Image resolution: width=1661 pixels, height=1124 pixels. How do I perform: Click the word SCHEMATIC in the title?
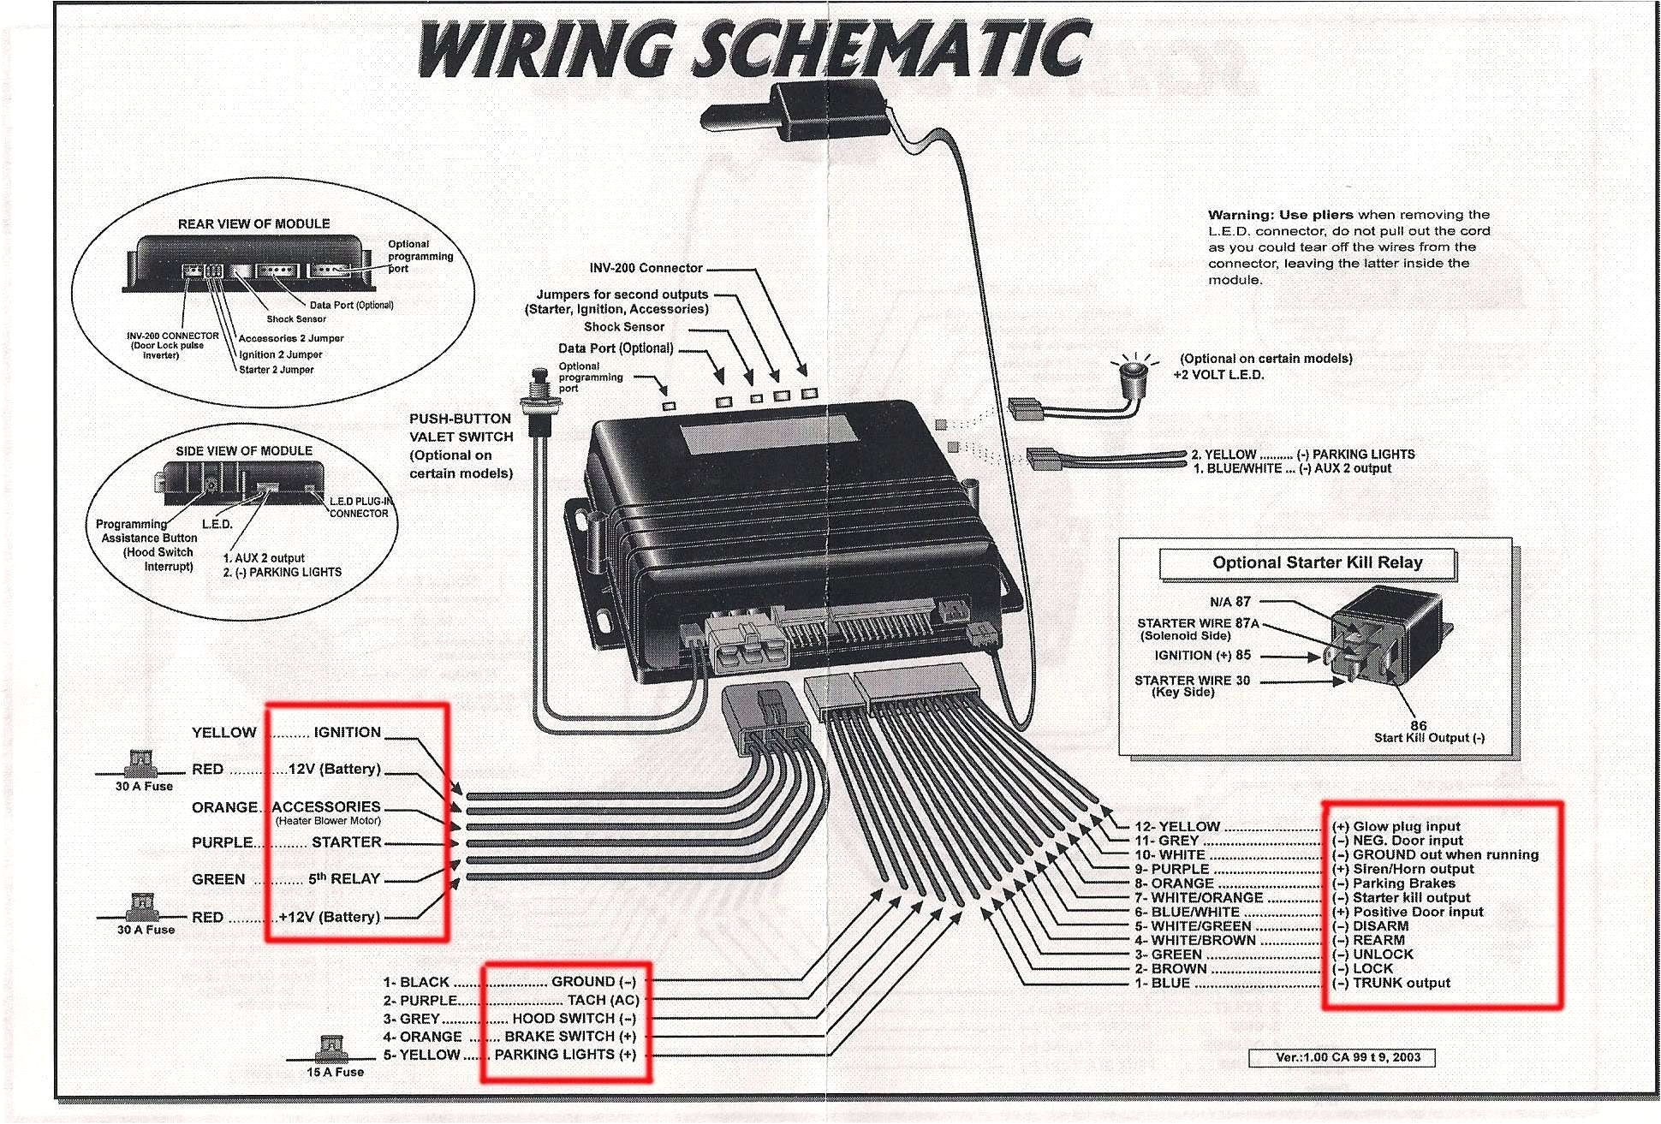[x=890, y=50]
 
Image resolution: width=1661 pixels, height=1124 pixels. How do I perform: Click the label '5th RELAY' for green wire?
[x=344, y=879]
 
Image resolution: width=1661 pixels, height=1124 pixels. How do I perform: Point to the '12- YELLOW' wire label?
[x=1177, y=827]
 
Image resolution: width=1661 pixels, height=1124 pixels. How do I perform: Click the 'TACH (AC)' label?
[x=603, y=1000]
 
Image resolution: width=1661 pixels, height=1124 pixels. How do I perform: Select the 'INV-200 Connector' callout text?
[x=646, y=268]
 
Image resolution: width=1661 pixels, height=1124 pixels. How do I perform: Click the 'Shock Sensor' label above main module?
[x=624, y=327]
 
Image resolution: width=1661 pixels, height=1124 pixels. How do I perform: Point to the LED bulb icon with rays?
[x=1135, y=370]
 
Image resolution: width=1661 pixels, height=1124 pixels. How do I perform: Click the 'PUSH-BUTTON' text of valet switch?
[x=460, y=419]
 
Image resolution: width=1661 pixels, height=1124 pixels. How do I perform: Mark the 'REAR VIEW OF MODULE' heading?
[x=253, y=224]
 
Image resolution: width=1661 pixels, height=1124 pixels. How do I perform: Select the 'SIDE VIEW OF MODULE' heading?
[x=244, y=451]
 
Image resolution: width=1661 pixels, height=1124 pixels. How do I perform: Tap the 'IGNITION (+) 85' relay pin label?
[x=1202, y=656]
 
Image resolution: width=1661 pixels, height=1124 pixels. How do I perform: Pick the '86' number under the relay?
[x=1419, y=725]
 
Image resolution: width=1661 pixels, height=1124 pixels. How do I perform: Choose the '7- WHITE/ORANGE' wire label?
[x=1199, y=898]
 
